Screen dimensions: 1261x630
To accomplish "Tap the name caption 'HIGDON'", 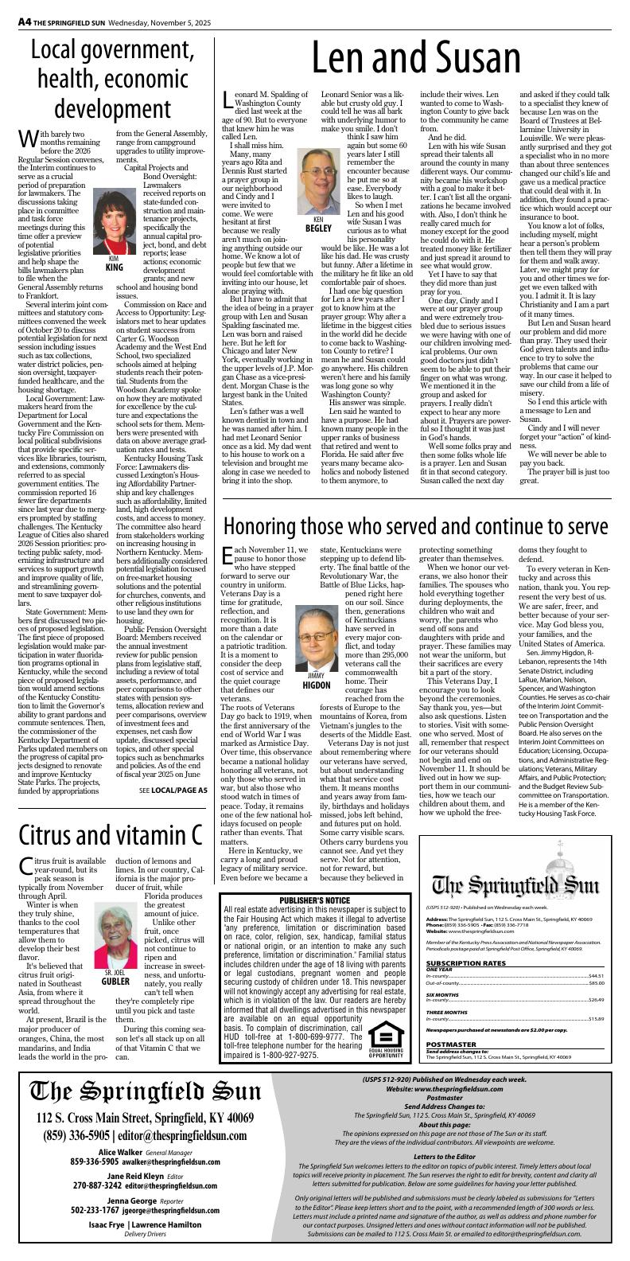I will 317,685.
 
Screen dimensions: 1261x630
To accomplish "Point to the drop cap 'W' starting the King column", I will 26,139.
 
